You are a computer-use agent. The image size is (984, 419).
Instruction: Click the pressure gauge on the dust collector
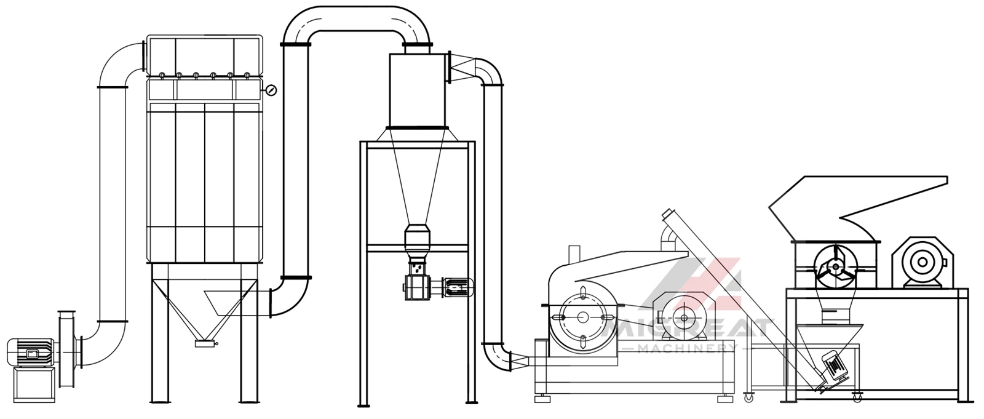[271, 90]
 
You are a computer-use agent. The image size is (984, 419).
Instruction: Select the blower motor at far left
[30, 353]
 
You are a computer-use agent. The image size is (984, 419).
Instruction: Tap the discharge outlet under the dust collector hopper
[204, 344]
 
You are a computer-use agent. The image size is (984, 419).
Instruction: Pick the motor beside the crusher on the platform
[922, 263]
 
